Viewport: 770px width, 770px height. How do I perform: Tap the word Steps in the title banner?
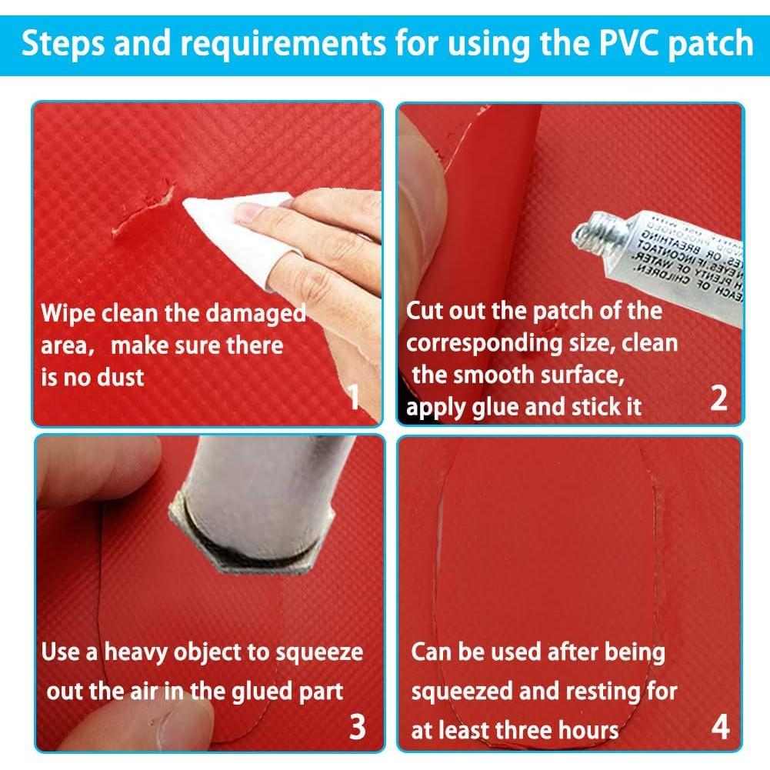[x=62, y=43]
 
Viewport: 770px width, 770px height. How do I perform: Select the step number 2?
[x=718, y=399]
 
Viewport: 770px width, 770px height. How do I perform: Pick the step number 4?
[x=720, y=727]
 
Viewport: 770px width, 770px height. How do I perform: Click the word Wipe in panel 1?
[x=68, y=314]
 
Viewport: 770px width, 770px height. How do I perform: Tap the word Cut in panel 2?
[x=425, y=312]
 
